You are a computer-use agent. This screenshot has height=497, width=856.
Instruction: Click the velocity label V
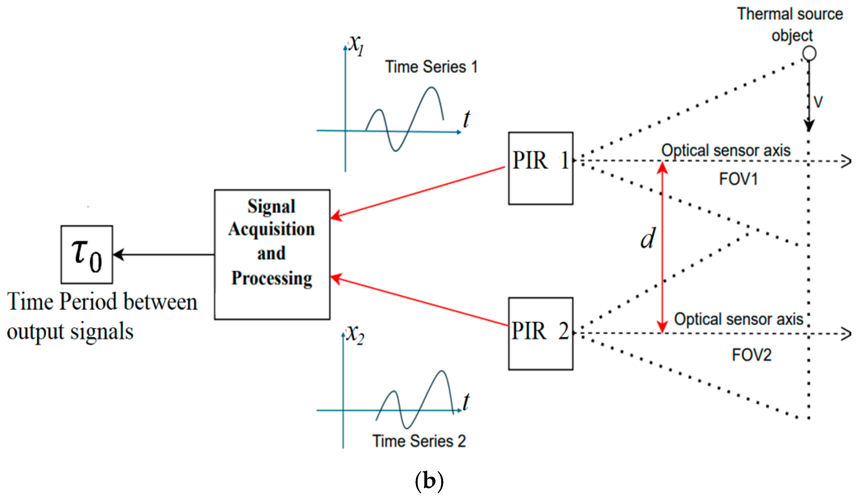point(818,102)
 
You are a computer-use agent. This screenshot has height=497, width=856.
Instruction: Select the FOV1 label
point(738,179)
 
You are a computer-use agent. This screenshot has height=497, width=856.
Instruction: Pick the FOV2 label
point(752,355)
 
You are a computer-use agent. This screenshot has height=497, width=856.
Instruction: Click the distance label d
point(648,238)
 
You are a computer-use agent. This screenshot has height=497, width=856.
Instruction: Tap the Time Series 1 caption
point(431,67)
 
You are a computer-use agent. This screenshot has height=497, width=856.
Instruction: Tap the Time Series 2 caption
point(419,441)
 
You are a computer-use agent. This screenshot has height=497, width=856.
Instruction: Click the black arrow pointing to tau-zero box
point(164,254)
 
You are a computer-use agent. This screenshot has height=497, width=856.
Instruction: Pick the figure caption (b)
point(429,481)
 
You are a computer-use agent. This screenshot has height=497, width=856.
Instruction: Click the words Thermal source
point(790,14)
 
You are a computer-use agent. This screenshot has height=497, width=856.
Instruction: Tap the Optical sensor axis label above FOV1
point(726,150)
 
